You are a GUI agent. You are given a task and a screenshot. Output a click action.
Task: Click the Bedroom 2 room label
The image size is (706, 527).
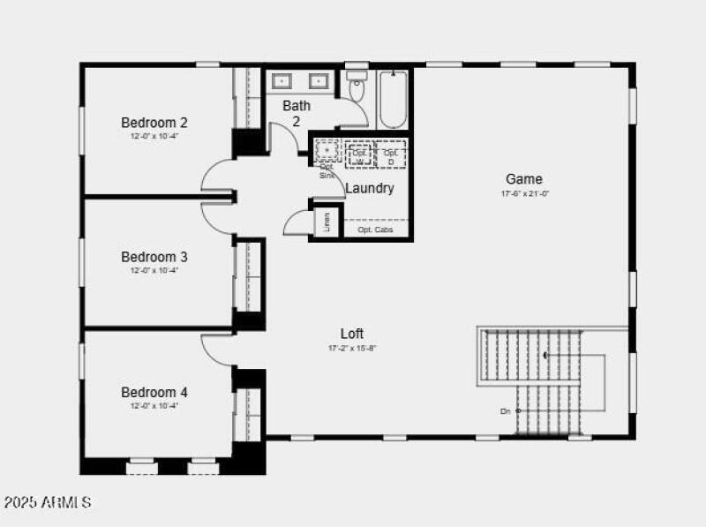click(x=154, y=123)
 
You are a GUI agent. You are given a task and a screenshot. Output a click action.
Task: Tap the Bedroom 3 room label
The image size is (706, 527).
click(x=154, y=257)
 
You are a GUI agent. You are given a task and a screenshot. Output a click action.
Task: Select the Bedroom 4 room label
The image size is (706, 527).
click(x=154, y=392)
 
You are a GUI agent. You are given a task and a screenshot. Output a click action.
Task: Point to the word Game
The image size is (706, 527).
click(x=524, y=179)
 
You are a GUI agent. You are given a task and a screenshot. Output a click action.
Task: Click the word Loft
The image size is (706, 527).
click(x=352, y=334)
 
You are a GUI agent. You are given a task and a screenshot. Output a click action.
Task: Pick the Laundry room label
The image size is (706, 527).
click(x=369, y=189)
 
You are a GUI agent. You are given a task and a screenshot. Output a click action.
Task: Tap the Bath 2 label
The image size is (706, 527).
click(x=297, y=113)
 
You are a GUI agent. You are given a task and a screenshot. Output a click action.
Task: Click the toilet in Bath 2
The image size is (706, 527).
click(x=357, y=88)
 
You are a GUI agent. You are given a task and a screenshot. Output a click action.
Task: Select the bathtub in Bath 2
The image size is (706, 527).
click(x=394, y=99)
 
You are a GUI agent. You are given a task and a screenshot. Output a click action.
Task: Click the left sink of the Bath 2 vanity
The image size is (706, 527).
click(x=283, y=81)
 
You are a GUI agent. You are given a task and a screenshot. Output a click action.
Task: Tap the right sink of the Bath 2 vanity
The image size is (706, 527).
click(x=317, y=81)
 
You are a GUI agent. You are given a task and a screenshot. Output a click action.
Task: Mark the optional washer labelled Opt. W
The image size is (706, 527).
click(x=359, y=154)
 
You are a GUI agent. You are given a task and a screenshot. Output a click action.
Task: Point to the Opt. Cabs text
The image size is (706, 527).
click(x=374, y=230)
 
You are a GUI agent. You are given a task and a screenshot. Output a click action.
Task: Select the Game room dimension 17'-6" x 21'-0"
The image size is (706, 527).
click(x=524, y=194)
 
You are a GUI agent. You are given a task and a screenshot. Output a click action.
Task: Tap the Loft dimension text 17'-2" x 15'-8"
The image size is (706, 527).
click(x=352, y=348)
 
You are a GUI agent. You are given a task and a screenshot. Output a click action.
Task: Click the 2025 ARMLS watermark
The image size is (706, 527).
click(x=48, y=502)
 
